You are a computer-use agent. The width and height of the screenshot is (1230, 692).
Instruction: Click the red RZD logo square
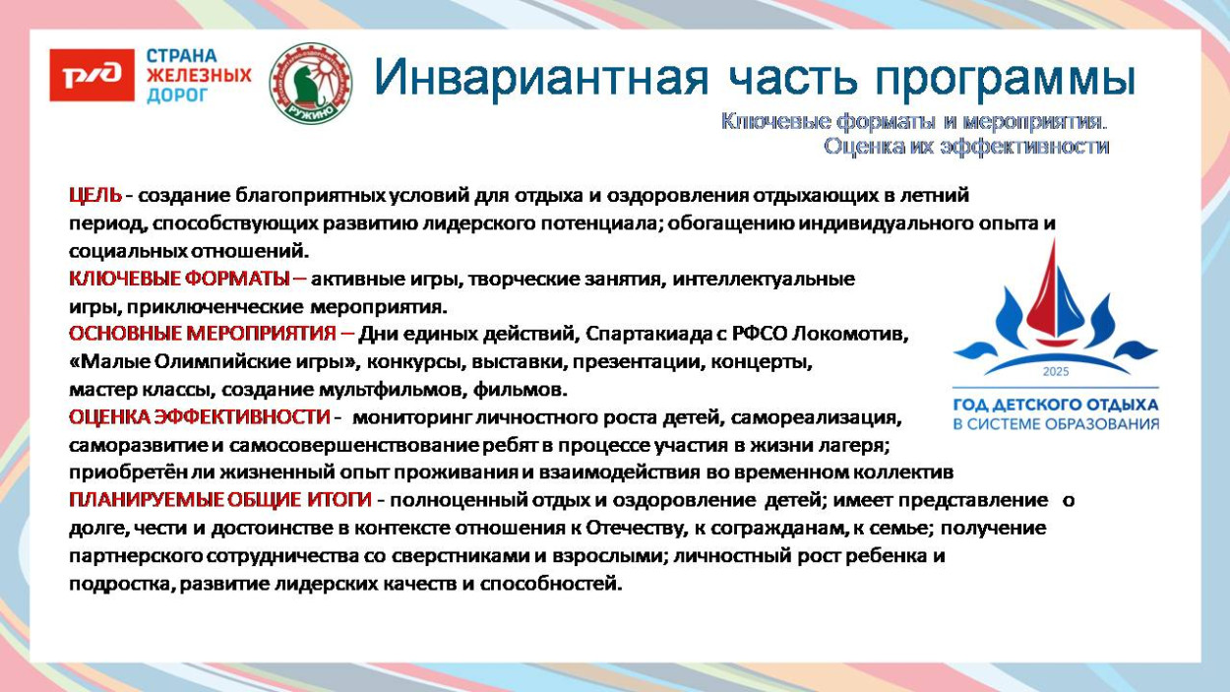pos(92,76)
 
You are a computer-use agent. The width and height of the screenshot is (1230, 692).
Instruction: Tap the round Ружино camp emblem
pos(310,83)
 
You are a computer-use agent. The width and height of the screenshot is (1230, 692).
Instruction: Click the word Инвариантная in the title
pos(540,78)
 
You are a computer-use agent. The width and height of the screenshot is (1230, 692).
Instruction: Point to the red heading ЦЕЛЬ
pos(95,195)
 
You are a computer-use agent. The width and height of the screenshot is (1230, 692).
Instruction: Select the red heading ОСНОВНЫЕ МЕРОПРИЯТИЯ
pos(211,334)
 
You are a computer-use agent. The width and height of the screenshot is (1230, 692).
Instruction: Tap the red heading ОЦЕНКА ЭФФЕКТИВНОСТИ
pos(199,417)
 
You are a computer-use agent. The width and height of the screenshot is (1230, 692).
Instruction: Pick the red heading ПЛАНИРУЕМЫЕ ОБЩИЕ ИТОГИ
pos(220,500)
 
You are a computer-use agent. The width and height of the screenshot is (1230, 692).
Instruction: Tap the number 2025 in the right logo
pos(1055,373)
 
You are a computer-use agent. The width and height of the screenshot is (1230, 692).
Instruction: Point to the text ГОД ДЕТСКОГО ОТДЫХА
pos(1056,405)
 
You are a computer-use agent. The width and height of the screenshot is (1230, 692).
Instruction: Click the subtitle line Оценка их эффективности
pos(965,147)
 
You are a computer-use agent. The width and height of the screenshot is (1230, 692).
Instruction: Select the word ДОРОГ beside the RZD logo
pos(177,96)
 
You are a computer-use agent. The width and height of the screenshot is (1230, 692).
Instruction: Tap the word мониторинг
pos(414,417)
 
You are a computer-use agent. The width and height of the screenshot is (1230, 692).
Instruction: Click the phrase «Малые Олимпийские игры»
pos(215,361)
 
